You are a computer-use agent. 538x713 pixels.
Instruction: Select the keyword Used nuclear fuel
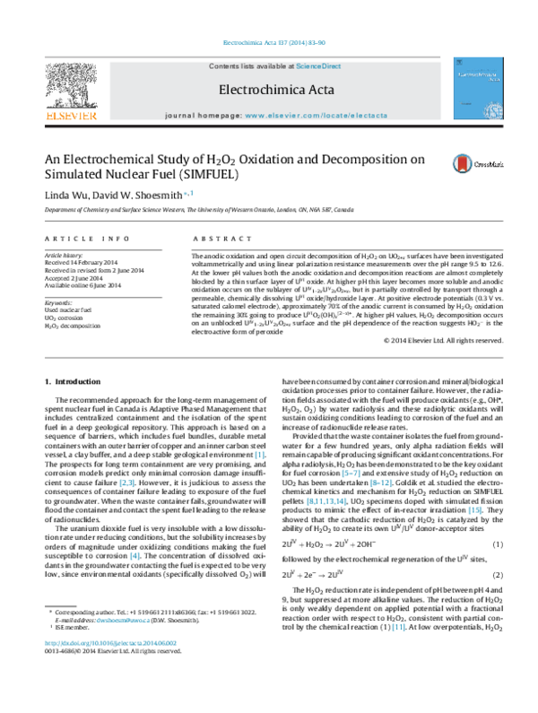pyautogui.click(x=67, y=313)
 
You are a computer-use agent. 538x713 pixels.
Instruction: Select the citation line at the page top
pyautogui.click(x=268, y=45)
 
